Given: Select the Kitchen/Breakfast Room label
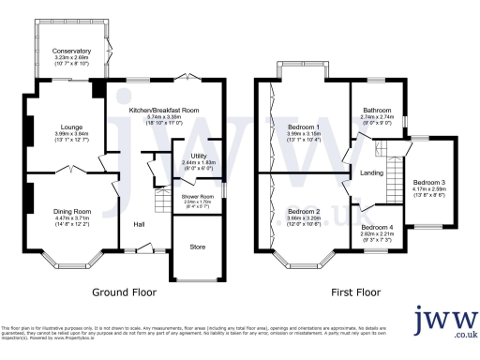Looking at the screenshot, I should coord(164,110).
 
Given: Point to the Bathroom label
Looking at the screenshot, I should coord(377,110).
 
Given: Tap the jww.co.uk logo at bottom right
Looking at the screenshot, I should coord(445,323).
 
